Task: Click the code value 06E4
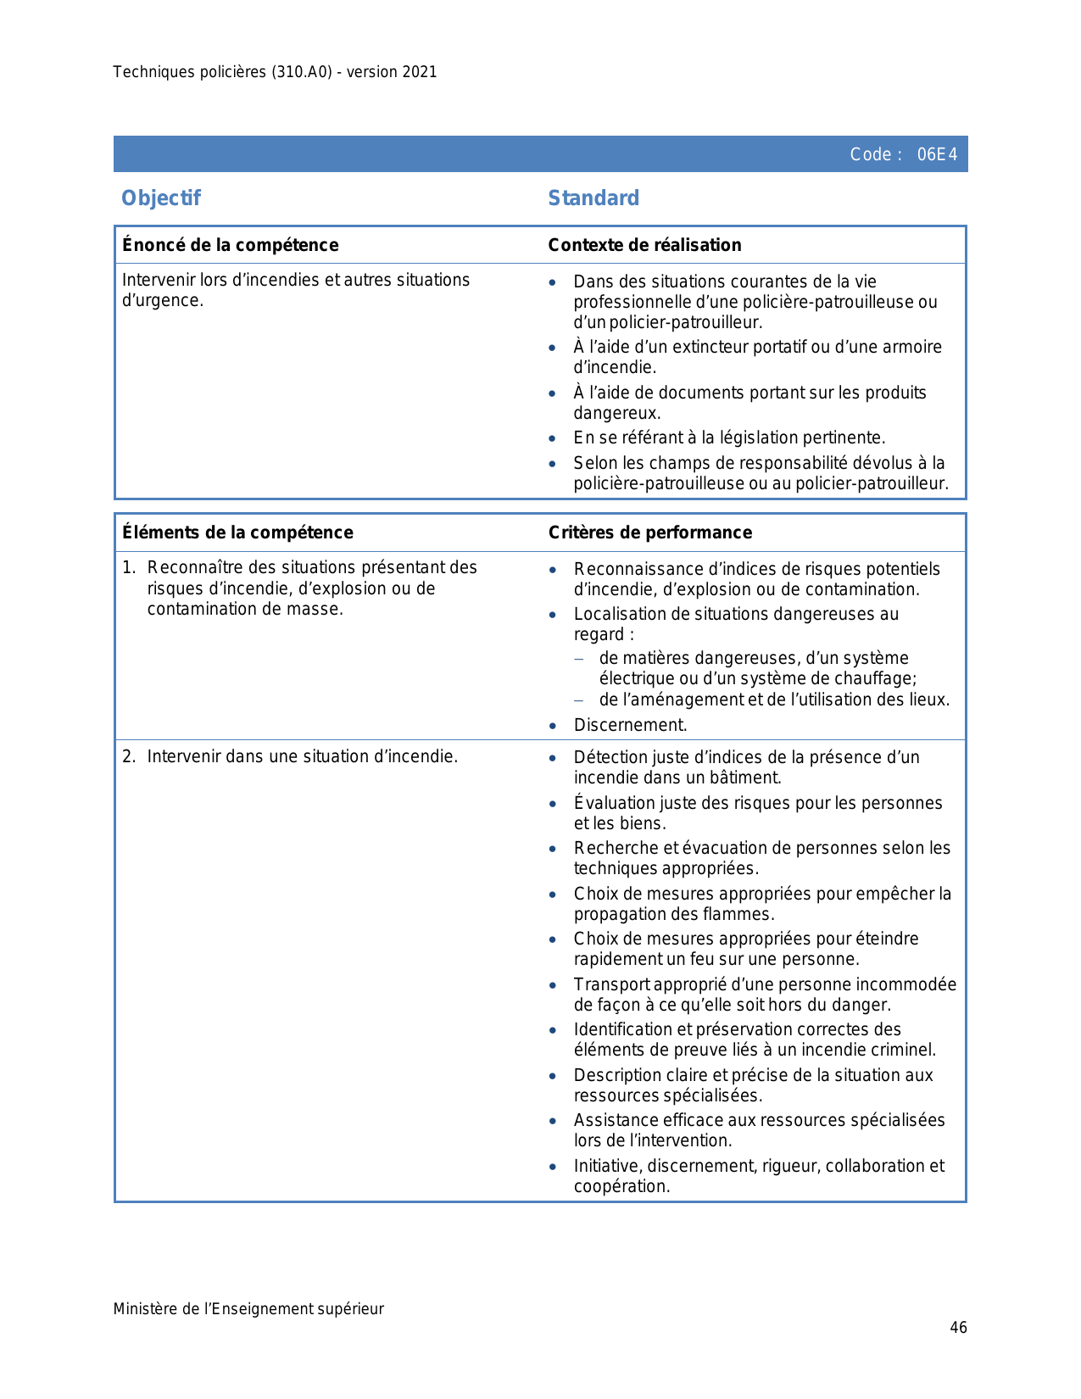click(x=937, y=154)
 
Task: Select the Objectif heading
click(x=161, y=198)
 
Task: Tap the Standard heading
click(x=593, y=198)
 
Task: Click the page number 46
click(x=958, y=1328)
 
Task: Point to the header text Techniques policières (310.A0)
click(x=222, y=72)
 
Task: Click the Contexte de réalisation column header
click(x=644, y=245)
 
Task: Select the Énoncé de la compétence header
click(x=230, y=245)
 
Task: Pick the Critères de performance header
click(x=649, y=532)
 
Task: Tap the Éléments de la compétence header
click(x=237, y=532)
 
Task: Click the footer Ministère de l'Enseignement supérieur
click(x=248, y=1309)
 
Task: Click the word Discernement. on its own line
click(x=630, y=725)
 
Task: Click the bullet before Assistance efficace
click(x=553, y=1122)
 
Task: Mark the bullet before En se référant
click(x=553, y=439)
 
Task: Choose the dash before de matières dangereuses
click(x=579, y=659)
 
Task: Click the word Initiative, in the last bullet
click(x=608, y=1166)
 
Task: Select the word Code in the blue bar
click(x=870, y=154)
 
